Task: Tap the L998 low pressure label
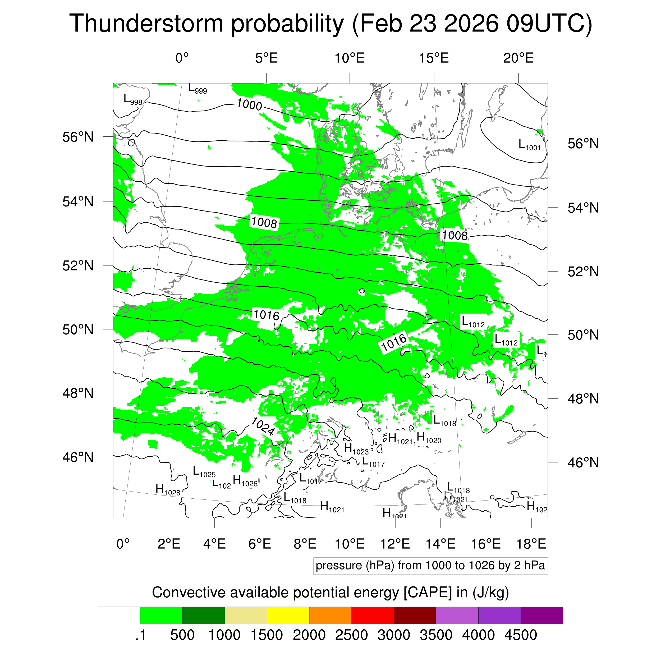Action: point(133,100)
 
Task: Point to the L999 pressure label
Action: point(198,89)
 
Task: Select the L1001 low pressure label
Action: point(529,145)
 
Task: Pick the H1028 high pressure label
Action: point(168,490)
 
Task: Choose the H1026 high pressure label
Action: point(245,481)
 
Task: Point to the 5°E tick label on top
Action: point(266,58)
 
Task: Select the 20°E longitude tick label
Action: point(518,58)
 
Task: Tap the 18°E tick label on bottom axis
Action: point(531,544)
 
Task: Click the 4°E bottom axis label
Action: point(214,544)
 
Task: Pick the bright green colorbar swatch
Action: point(161,616)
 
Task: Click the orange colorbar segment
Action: point(330,616)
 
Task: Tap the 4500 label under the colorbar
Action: point(520,635)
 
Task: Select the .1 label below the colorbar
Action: point(140,635)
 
